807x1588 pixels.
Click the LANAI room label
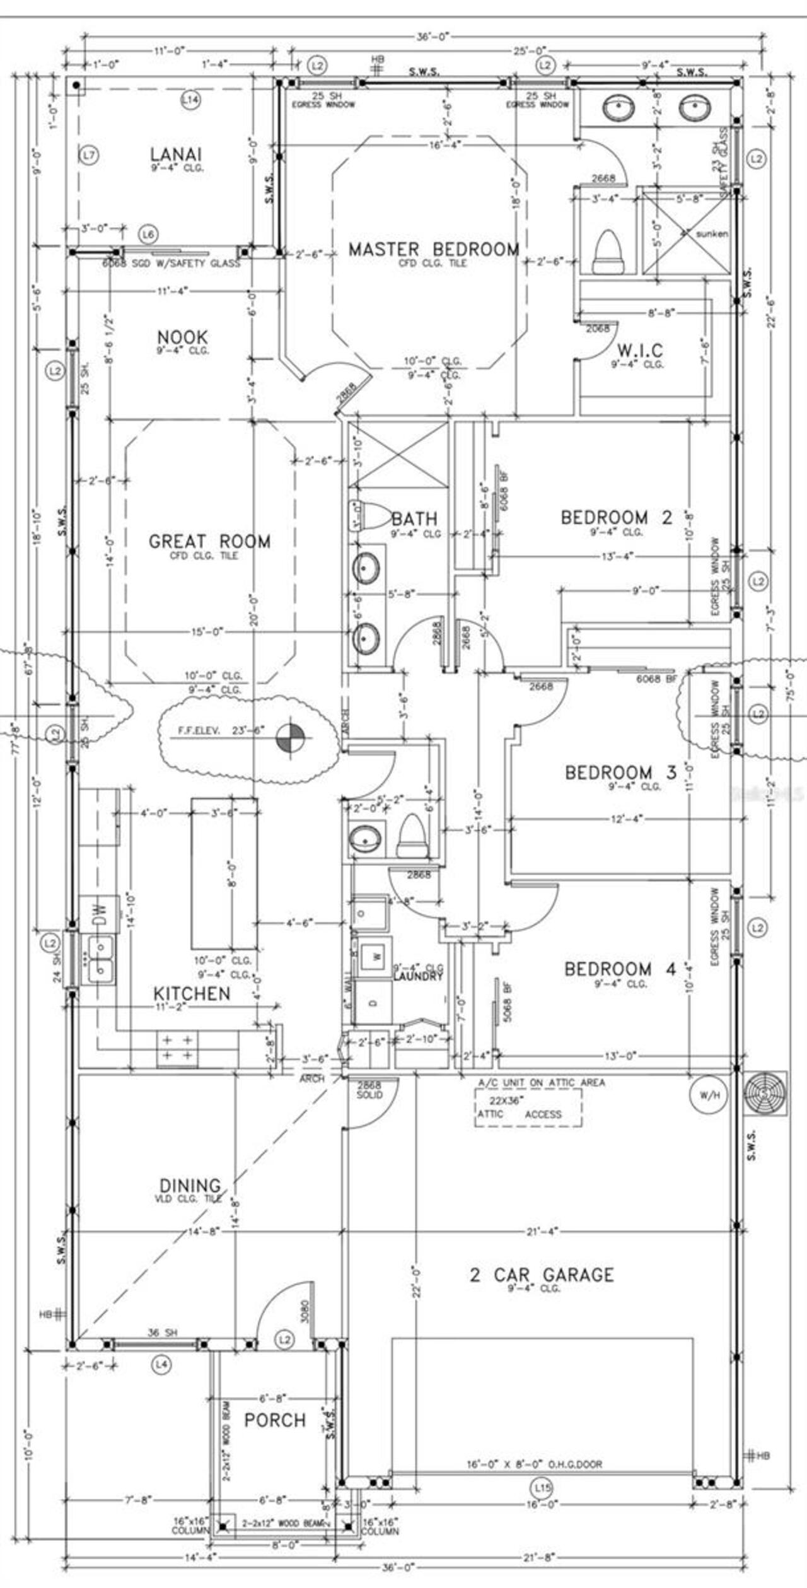176,154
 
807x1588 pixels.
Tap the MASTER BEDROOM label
434,249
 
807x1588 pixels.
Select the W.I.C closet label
639,349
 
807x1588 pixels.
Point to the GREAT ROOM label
209,541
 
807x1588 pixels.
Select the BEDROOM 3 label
620,772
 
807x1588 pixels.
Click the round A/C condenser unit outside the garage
765,1093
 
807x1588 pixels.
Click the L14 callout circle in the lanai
190,99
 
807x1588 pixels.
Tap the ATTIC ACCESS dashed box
528,1108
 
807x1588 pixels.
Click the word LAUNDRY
418,976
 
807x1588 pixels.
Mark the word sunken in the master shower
712,233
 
